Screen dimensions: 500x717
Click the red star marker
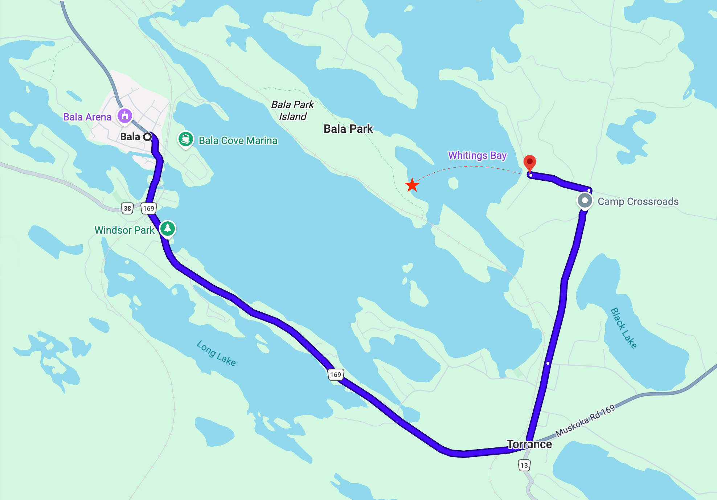pyautogui.click(x=412, y=185)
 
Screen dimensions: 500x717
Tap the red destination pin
pyautogui.click(x=530, y=162)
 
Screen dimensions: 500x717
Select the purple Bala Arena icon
pyautogui.click(x=125, y=116)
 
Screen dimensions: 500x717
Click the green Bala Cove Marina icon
pyautogui.click(x=186, y=139)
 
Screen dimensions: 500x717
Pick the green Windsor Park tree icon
pyautogui.click(x=167, y=229)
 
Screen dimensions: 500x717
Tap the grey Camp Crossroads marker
pyautogui.click(x=585, y=201)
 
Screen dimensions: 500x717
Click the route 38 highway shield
pyautogui.click(x=127, y=209)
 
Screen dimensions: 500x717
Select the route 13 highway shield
pyautogui.click(x=524, y=465)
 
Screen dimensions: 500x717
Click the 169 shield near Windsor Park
pyautogui.click(x=149, y=209)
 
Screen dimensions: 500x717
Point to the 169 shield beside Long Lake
pyautogui.click(x=336, y=374)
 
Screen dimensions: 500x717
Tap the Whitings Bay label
pyautogui.click(x=477, y=156)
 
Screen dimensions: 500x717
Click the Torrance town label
pyautogui.click(x=529, y=444)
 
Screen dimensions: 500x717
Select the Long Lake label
pyautogui.click(x=216, y=353)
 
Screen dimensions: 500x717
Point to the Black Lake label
pyautogui.click(x=623, y=328)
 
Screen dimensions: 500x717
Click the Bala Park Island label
pyautogui.click(x=292, y=111)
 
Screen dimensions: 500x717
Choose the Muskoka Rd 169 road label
pyautogui.click(x=585, y=421)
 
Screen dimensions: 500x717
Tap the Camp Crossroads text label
pyautogui.click(x=638, y=201)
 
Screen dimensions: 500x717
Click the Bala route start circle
pyautogui.click(x=147, y=137)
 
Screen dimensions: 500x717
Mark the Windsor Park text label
pyautogui.click(x=124, y=230)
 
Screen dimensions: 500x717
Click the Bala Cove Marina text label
pyautogui.click(x=238, y=140)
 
